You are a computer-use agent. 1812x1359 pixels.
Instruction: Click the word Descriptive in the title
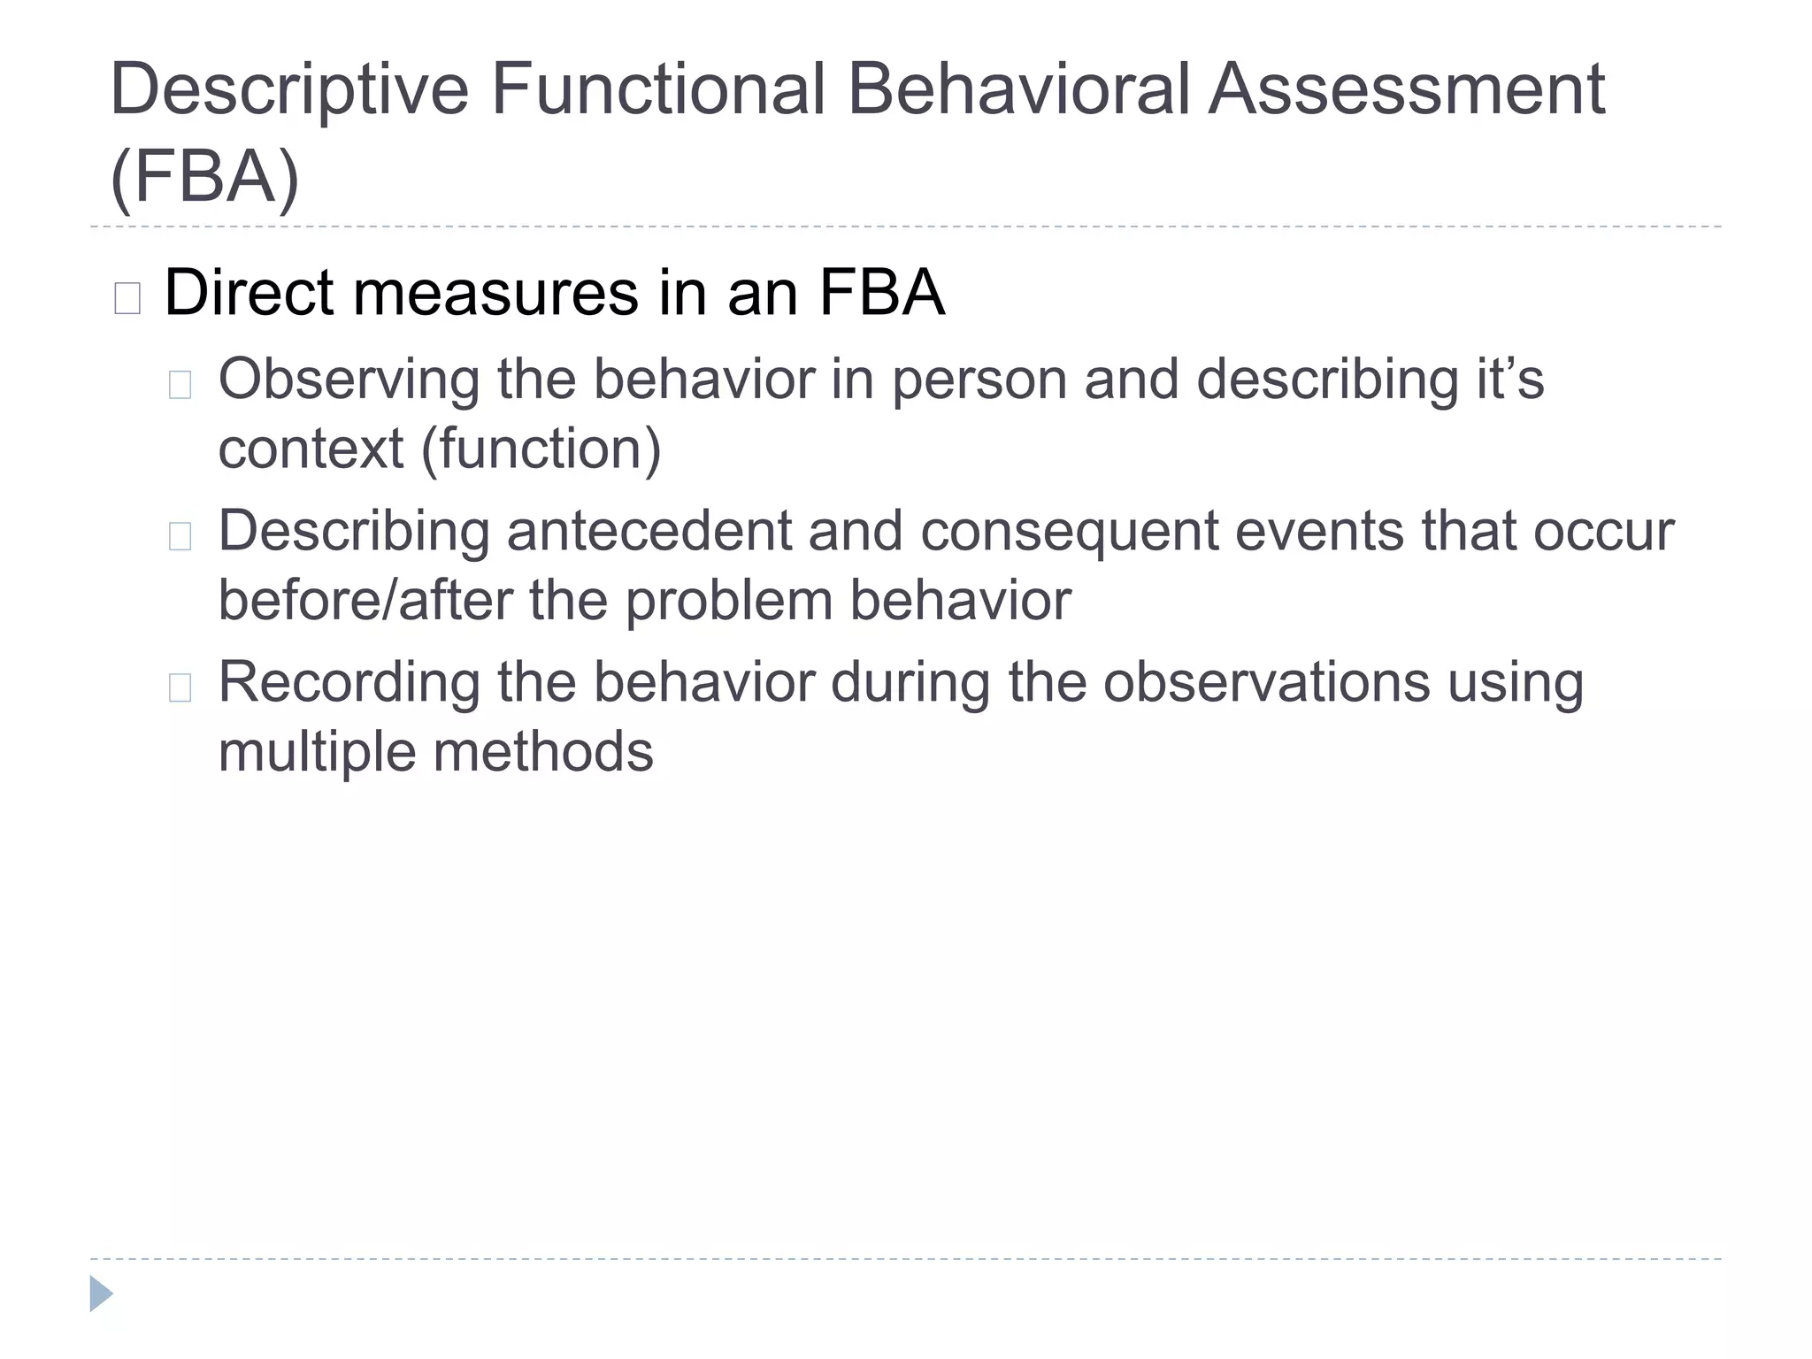point(288,90)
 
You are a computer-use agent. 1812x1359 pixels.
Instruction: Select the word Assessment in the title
point(1406,90)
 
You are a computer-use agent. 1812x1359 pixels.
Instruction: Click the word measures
point(495,293)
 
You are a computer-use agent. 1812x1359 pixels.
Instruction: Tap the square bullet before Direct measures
point(127,298)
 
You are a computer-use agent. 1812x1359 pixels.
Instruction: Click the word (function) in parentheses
point(541,449)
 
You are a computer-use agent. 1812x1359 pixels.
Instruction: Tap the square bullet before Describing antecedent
point(180,536)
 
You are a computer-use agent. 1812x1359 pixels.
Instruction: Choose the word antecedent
point(649,531)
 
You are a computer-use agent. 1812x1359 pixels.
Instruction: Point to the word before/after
point(365,600)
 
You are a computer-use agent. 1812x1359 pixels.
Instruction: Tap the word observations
point(1266,682)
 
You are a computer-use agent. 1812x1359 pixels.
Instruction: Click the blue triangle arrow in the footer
point(101,1294)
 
